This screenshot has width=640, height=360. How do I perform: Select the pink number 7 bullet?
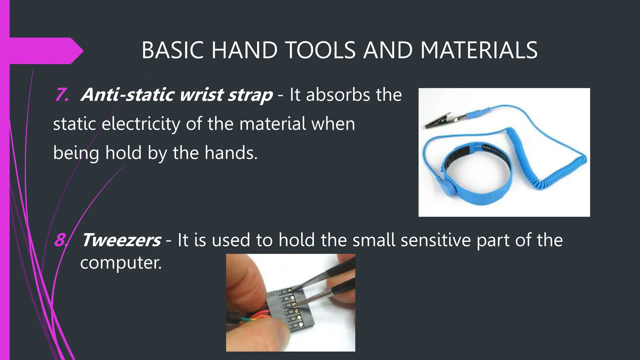pyautogui.click(x=62, y=95)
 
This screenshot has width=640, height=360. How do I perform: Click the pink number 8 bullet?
pyautogui.click(x=60, y=240)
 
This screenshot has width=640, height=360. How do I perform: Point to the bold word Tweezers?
pyautogui.click(x=121, y=240)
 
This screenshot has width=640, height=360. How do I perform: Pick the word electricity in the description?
pyautogui.click(x=141, y=124)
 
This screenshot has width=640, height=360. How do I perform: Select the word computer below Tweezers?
pyautogui.click(x=121, y=262)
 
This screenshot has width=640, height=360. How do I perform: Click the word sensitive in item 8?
pyautogui.click(x=435, y=240)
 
